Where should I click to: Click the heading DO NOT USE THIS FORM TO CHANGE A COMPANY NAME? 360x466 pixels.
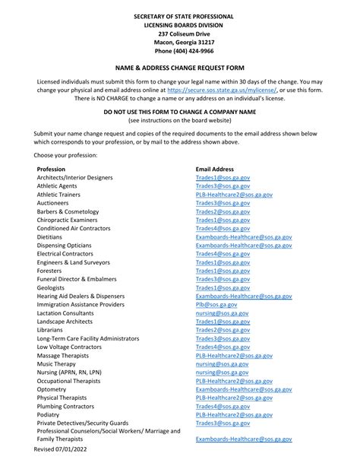(x=180, y=112)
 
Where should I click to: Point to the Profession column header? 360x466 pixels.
(x=51, y=169)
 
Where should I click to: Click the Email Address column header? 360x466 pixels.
(x=215, y=169)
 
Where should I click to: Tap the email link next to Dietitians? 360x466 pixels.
(x=244, y=237)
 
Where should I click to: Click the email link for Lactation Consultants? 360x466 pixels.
(x=221, y=313)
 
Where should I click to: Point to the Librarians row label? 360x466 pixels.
(x=52, y=330)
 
